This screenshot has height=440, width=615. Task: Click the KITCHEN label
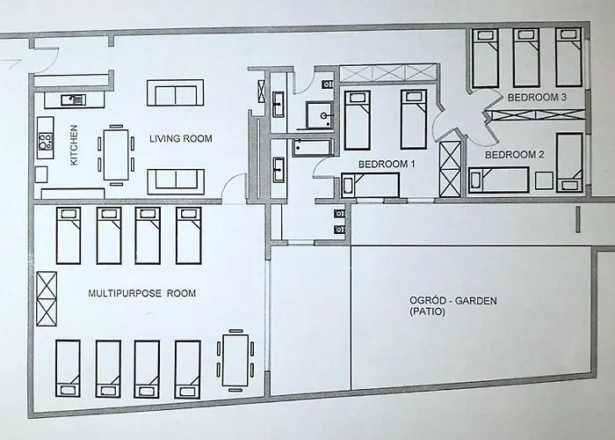pyautogui.click(x=74, y=145)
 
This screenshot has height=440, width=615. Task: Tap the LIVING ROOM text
pyautogui.click(x=181, y=138)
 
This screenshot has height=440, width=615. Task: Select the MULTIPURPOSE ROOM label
pyautogui.click(x=142, y=293)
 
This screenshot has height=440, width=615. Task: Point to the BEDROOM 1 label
pyautogui.click(x=387, y=164)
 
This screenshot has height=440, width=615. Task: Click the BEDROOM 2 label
pyautogui.click(x=515, y=155)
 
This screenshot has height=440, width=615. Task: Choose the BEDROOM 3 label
pyautogui.click(x=537, y=97)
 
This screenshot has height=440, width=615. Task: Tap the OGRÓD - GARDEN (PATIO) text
pyautogui.click(x=453, y=306)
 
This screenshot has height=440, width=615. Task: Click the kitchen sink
pyautogui.click(x=73, y=99)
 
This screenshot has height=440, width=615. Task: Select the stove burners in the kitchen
pyautogui.click(x=45, y=141)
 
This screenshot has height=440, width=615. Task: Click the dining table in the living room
pyautogui.click(x=116, y=154)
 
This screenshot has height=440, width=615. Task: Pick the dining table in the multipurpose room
pyautogui.click(x=235, y=360)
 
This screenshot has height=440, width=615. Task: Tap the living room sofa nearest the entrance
pyautogui.click(x=176, y=92)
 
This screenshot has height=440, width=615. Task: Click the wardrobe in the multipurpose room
pyautogui.click(x=47, y=298)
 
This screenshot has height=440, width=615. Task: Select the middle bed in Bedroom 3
pyautogui.click(x=525, y=57)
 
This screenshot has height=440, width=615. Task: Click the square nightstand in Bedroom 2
pyautogui.click(x=544, y=180)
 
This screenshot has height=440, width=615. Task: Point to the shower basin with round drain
pyautogui.click(x=320, y=115)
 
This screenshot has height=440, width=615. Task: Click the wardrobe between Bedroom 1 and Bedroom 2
pyautogui.click(x=450, y=169)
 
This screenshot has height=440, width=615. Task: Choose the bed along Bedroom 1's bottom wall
pyautogui.click(x=370, y=185)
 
